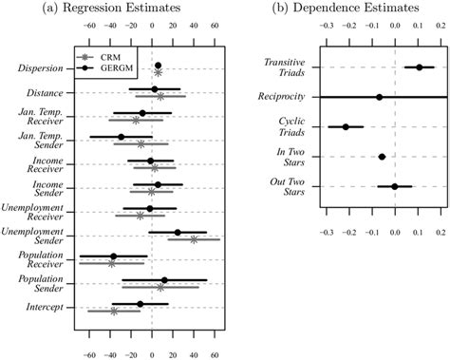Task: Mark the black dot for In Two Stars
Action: pos(382,157)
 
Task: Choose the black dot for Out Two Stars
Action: pos(394,186)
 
